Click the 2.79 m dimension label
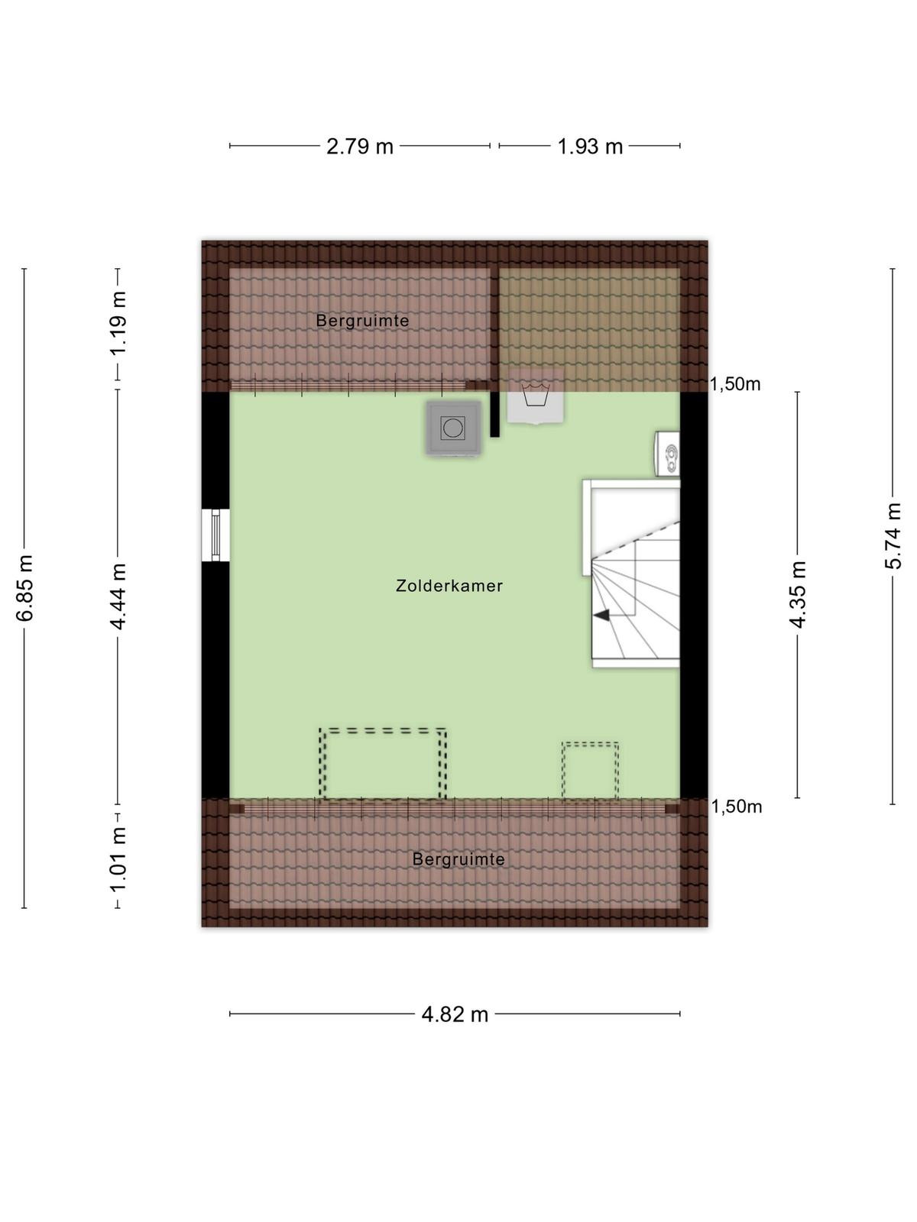coord(360,147)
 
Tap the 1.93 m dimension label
coord(590,147)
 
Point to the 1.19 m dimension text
coord(118,323)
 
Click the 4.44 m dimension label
coord(118,596)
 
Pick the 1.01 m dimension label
coord(118,859)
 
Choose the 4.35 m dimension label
coord(798,594)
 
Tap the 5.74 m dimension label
coord(893,535)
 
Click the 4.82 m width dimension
coord(455,1015)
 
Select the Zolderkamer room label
coord(449,587)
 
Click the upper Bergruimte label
coord(362,322)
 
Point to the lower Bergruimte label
coord(458,859)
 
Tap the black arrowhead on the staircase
coord(601,615)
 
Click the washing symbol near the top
coord(536,395)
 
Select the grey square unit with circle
coord(454,428)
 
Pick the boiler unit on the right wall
coord(668,454)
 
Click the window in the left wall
coord(215,535)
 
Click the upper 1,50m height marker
coord(735,384)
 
